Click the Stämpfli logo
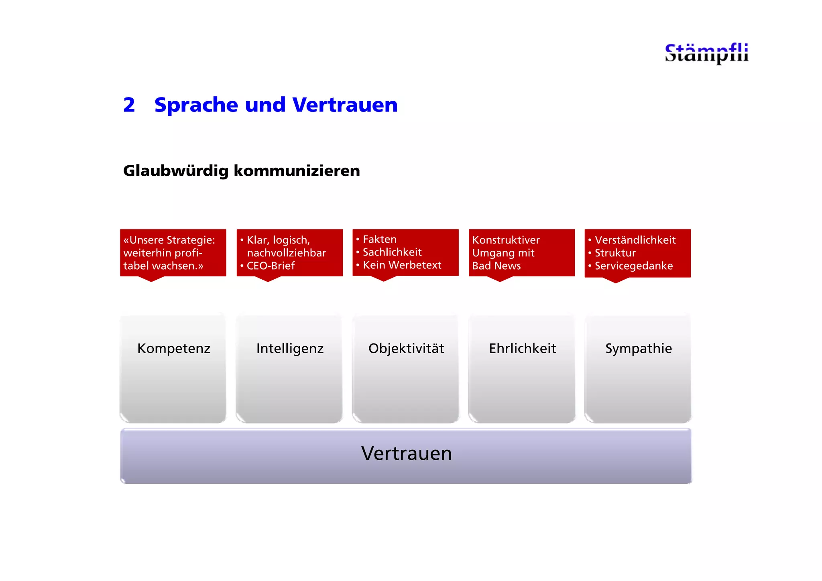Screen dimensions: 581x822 706,53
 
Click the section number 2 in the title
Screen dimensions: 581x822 129,105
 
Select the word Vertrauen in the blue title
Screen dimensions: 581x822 345,105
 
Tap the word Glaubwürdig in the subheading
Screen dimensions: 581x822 176,171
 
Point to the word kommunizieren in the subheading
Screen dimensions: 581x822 297,171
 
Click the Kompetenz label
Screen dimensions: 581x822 174,348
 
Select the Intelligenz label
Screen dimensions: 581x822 290,348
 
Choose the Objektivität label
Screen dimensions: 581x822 406,348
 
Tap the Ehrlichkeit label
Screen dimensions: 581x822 522,348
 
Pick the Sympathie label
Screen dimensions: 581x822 639,348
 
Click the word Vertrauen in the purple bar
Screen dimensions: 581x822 406,453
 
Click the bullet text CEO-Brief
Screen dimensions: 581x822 271,266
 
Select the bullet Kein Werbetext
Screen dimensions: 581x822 402,265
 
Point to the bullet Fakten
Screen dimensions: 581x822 379,239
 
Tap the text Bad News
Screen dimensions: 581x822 496,266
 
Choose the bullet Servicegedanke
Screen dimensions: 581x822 633,266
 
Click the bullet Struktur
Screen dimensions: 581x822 615,253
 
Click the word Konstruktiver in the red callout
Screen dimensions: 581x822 506,240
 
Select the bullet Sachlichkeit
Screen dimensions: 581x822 392,252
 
